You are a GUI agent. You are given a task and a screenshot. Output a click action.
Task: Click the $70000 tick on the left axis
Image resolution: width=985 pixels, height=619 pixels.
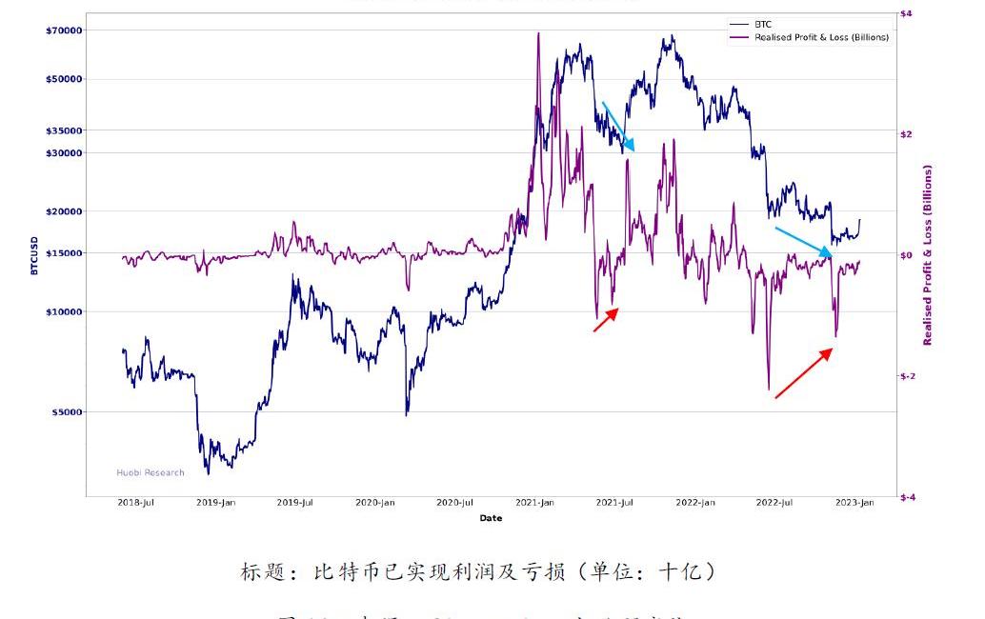pyautogui.click(x=63, y=30)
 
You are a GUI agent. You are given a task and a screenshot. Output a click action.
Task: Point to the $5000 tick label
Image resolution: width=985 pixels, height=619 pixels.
pyautogui.click(x=66, y=412)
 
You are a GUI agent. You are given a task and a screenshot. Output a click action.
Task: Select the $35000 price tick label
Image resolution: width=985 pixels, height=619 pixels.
pyautogui.click(x=63, y=130)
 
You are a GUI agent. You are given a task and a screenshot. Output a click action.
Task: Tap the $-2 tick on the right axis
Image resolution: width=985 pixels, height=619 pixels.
pyautogui.click(x=908, y=376)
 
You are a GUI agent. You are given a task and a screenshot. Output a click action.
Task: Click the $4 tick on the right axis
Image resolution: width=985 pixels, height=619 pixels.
pyautogui.click(x=905, y=13)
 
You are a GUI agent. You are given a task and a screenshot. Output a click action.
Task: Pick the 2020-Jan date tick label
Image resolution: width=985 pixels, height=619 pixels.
pyautogui.click(x=375, y=503)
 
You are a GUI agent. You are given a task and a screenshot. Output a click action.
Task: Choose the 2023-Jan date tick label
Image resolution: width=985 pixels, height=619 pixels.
pyautogui.click(x=855, y=503)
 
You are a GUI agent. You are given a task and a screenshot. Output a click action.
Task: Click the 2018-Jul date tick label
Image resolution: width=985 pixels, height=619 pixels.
pyautogui.click(x=136, y=503)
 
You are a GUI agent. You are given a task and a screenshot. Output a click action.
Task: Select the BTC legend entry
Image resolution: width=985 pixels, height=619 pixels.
pyautogui.click(x=762, y=24)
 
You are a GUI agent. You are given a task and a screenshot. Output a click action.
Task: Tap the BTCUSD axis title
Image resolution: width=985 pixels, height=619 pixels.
pyautogui.click(x=34, y=256)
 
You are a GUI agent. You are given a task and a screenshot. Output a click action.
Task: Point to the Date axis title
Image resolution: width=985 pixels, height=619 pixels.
pyautogui.click(x=491, y=518)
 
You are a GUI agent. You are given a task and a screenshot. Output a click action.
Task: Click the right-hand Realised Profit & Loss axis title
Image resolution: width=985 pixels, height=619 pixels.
pyautogui.click(x=928, y=255)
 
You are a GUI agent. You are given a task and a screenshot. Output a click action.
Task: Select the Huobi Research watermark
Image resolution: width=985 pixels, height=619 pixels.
pyautogui.click(x=151, y=472)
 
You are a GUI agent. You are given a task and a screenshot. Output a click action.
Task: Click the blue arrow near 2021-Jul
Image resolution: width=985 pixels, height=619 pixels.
pyautogui.click(x=617, y=127)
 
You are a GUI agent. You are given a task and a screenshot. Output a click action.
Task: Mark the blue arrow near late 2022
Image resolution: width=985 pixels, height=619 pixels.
pyautogui.click(x=803, y=242)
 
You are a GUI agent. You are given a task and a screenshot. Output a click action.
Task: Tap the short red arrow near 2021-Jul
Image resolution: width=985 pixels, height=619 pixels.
pyautogui.click(x=606, y=320)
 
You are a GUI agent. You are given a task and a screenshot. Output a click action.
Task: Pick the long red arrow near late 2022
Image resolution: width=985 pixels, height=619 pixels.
pyautogui.click(x=804, y=373)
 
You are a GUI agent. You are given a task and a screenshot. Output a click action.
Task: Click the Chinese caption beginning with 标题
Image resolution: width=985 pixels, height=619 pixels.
pyautogui.click(x=478, y=572)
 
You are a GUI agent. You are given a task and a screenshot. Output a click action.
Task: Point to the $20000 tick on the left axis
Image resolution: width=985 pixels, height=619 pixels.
pyautogui.click(x=63, y=211)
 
